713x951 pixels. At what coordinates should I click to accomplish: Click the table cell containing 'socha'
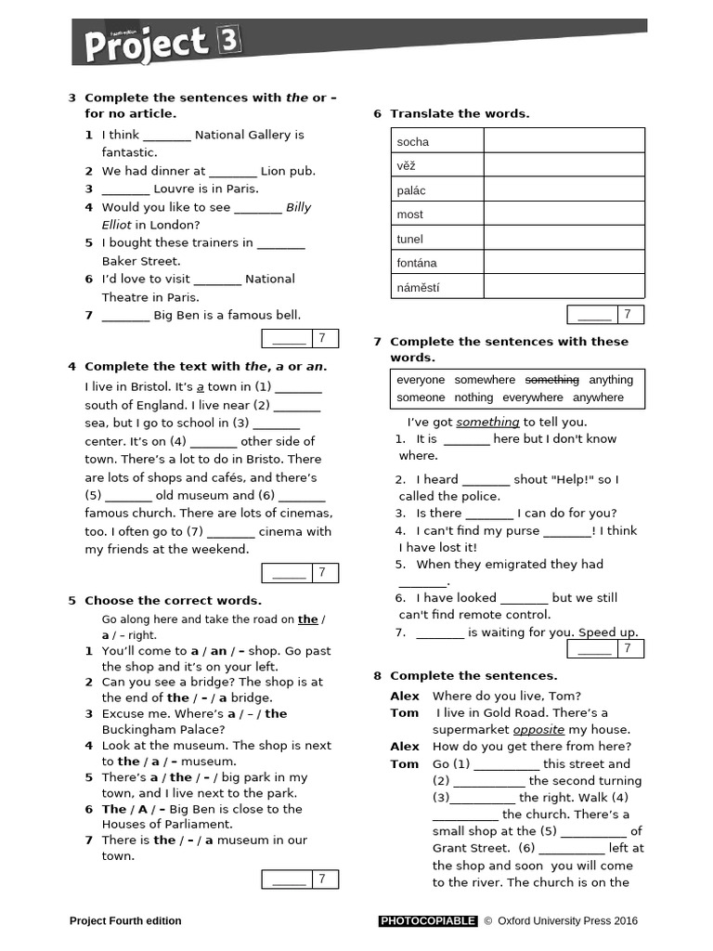(x=436, y=141)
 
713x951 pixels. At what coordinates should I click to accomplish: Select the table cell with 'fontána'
(x=436, y=263)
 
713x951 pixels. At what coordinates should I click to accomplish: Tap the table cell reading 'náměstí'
(x=436, y=287)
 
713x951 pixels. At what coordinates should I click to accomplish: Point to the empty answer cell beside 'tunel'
(x=564, y=239)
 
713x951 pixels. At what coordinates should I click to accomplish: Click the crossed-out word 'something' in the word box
(x=552, y=380)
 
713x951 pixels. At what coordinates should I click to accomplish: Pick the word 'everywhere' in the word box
(x=533, y=397)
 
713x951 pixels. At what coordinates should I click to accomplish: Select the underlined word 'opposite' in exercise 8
(x=538, y=729)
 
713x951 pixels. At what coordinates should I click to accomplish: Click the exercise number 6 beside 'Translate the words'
(x=377, y=113)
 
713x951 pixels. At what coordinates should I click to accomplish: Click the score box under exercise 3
(x=300, y=338)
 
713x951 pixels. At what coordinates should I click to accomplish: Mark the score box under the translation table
(x=605, y=315)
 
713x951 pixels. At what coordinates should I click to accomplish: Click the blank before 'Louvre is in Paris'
(x=125, y=189)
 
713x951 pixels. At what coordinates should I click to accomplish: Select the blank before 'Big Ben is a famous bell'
(x=125, y=316)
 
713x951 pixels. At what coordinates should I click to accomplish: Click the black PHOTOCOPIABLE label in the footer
(x=428, y=921)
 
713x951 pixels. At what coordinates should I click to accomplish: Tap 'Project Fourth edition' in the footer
(x=125, y=921)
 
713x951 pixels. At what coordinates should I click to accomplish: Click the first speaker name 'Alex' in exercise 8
(x=405, y=697)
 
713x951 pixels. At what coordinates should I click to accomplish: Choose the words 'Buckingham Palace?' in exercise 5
(x=158, y=729)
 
